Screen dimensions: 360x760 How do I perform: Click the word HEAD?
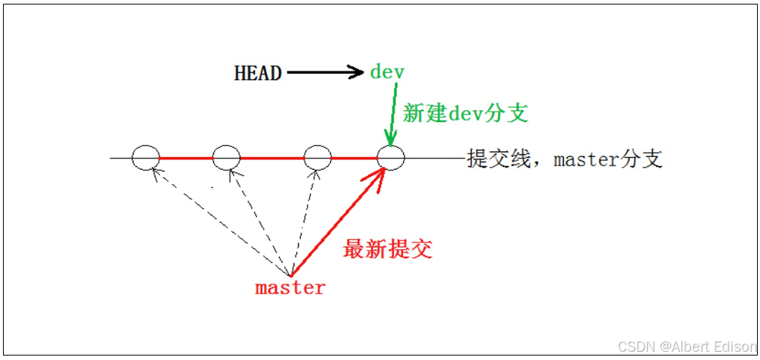[257, 73]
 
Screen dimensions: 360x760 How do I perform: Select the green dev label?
[387, 72]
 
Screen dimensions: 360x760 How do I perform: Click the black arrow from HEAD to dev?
[324, 73]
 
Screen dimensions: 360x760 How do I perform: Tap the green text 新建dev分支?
[465, 113]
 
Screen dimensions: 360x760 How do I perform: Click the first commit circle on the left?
[146, 158]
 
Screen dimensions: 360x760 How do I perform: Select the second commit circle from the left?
[226, 158]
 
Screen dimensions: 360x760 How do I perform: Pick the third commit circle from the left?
[317, 158]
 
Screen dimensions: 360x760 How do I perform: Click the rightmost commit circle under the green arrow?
[390, 158]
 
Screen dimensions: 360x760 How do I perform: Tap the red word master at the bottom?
[290, 287]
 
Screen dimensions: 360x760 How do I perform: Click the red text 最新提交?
[387, 249]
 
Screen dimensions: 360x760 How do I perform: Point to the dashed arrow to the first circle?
[221, 221]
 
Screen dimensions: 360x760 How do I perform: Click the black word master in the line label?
[586, 159]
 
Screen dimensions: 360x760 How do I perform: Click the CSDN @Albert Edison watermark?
[687, 347]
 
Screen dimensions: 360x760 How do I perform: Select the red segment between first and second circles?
[186, 158]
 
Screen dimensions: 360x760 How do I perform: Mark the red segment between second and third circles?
[272, 158]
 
